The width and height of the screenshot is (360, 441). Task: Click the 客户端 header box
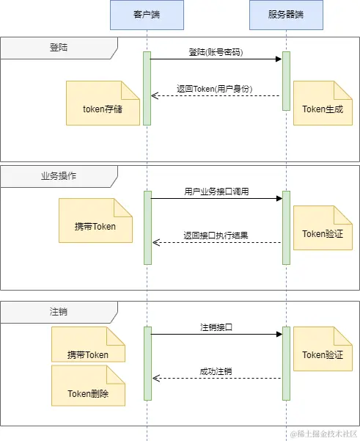pos(147,15)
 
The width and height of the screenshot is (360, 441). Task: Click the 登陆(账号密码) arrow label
pos(216,53)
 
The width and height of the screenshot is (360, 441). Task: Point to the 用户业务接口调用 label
pos(216,192)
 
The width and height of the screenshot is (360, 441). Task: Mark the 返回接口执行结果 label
pos(216,236)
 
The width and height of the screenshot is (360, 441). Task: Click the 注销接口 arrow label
pos(216,327)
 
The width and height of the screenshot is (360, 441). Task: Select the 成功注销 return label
pos(216,371)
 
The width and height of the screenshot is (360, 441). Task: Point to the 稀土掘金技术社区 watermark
pos(323,434)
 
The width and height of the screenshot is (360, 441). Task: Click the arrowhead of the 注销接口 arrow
pos(279,334)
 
